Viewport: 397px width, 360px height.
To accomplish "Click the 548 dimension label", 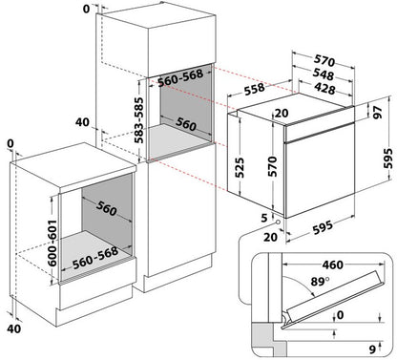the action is coord(324,74).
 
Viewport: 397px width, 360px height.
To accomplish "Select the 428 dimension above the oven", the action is coord(324,88).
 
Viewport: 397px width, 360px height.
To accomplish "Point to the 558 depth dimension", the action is coord(255,89).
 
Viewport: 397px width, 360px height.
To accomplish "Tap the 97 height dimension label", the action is coord(378,113).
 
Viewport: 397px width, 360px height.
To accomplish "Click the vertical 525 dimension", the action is coord(240,167).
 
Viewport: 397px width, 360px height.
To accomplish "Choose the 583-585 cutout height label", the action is coord(138,120).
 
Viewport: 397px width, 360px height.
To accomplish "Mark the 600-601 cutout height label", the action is coord(52,243).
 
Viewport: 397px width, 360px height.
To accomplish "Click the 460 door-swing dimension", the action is coord(333,265).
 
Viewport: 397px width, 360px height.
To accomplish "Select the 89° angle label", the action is coord(320,282).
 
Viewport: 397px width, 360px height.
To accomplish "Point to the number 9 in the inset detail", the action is coord(372,349).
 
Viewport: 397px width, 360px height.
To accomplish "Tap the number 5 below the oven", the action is coord(264,218).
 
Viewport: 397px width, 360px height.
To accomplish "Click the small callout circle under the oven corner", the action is coord(279,222).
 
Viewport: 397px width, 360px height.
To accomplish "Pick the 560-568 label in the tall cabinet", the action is coord(180,77).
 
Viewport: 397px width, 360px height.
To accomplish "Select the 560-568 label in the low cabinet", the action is coord(95,258).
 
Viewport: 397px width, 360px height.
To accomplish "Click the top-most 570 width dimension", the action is coord(324,60).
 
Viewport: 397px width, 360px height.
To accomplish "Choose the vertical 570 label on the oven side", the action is coord(273,166).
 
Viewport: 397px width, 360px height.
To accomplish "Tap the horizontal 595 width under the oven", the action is coord(323,227).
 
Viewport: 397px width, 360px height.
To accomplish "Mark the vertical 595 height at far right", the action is coord(388,159).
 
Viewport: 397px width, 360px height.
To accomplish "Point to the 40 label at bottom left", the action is coord(13,328).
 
